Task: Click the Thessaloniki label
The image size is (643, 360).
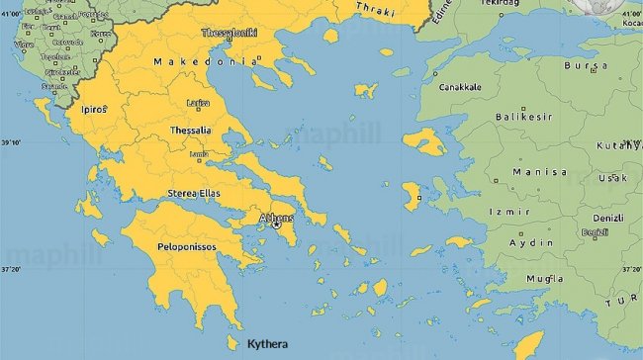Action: pos(230,33)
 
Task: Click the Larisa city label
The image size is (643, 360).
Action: pos(199,102)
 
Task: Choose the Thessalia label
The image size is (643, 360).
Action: pos(190,130)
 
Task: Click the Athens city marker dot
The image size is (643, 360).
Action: pos(276,225)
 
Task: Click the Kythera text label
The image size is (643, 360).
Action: pos(268,344)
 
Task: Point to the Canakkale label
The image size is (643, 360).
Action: pos(460,87)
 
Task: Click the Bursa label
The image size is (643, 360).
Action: pos(585,65)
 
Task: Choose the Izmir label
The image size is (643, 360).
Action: pos(510,212)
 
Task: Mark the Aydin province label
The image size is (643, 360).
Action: pos(530,242)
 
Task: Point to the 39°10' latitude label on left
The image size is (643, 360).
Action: pos(11,143)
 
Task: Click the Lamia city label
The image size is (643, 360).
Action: pos(199,154)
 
